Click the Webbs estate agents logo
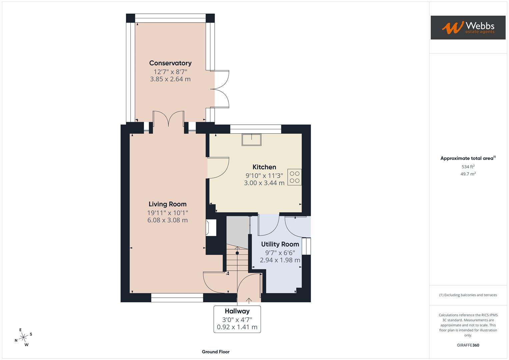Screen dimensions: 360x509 coord(468,27)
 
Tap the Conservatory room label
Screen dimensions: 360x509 coord(170,63)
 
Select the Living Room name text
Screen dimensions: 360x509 coord(167,204)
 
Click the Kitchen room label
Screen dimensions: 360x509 coord(264,167)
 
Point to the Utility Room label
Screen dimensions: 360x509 coord(280,244)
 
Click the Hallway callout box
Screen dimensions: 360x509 coord(237,319)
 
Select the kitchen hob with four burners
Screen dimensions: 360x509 coord(294,177)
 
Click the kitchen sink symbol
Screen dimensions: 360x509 coord(251,140)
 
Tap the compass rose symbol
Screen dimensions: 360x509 coord(23,337)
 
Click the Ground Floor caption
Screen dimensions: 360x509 coord(215,352)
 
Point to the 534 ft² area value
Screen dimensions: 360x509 coord(468,167)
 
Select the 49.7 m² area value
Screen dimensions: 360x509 coord(468,174)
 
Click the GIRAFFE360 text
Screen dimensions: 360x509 coord(468,345)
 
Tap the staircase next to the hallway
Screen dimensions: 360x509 coord(237,260)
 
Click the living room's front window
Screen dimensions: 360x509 coord(177,298)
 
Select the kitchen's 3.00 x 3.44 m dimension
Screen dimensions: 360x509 coord(264,183)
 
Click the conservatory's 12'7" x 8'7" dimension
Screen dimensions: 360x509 coord(170,72)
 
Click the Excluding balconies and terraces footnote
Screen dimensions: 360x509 coord(468,295)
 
